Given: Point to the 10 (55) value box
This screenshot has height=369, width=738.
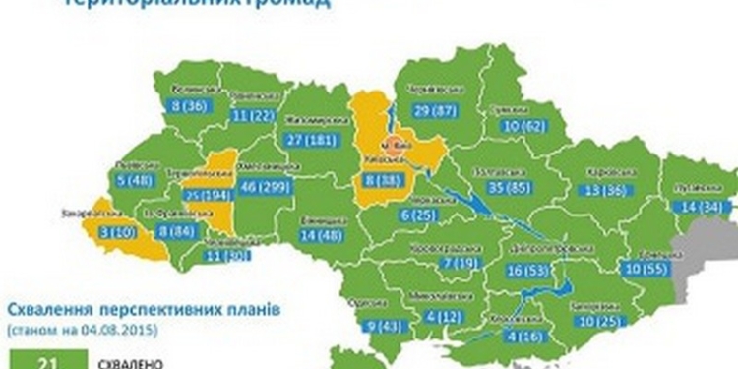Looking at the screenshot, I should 646,267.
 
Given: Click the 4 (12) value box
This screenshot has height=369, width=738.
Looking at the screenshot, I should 447,316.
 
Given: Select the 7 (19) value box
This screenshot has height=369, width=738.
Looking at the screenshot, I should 461,263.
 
